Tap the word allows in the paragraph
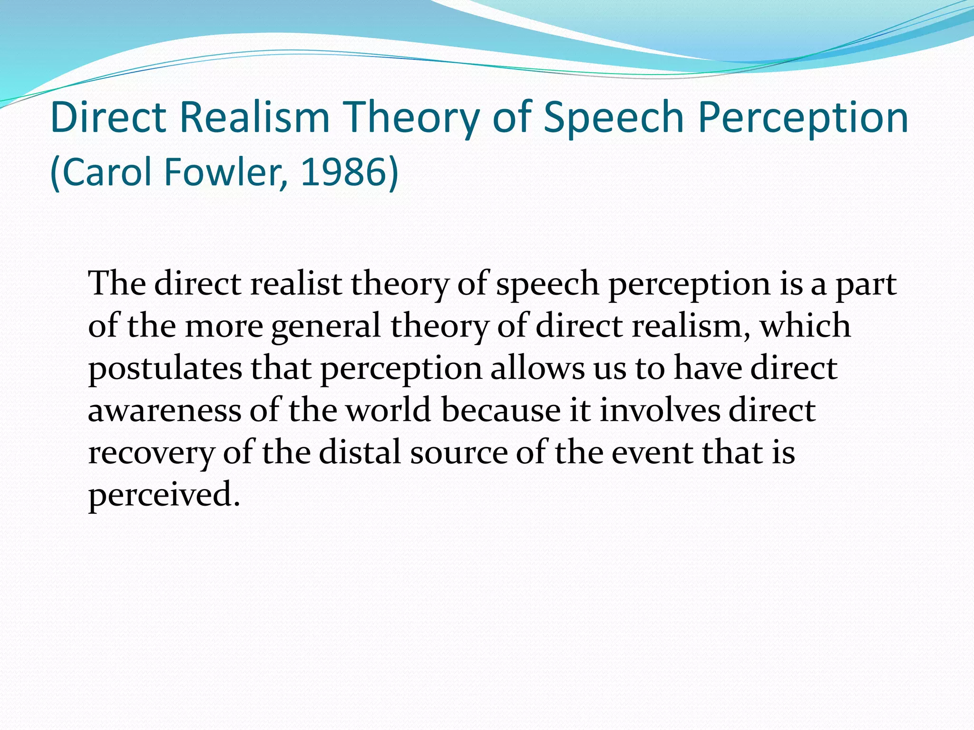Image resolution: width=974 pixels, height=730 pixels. [537, 368]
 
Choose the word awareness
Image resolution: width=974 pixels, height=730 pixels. [165, 411]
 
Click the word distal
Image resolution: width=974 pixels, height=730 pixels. [360, 452]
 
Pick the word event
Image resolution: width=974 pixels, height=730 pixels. [652, 453]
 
